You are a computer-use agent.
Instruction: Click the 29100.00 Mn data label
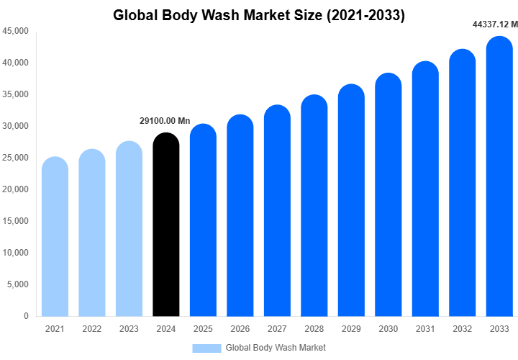tap(165, 121)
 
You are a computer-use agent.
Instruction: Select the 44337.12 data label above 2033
tap(495, 24)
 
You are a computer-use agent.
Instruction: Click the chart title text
tap(259, 16)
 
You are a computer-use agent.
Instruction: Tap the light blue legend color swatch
tap(206, 348)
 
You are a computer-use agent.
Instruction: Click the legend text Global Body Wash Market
tap(276, 348)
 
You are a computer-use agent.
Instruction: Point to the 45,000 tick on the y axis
tap(15, 31)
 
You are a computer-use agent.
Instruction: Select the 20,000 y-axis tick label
tap(15, 189)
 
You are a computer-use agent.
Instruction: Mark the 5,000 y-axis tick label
tap(17, 284)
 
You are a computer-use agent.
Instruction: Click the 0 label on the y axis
tap(26, 316)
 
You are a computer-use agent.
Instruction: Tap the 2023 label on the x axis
tap(129, 329)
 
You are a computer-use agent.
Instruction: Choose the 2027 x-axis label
tap(277, 329)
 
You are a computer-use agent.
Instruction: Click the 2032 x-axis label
tap(463, 329)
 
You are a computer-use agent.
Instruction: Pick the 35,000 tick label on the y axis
tap(15, 94)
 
